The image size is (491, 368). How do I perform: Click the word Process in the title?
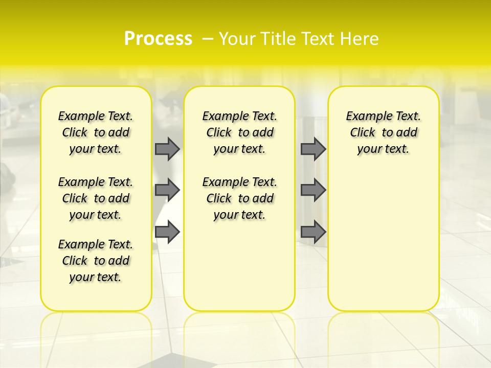click(158, 39)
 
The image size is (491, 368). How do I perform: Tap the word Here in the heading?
click(359, 39)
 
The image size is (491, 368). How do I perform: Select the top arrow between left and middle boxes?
click(167, 149)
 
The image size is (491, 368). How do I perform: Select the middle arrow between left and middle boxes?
click(167, 190)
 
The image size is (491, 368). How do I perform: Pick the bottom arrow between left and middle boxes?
click(167, 232)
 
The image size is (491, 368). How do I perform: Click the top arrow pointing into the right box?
click(313, 149)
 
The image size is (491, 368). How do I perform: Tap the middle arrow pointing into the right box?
click(313, 190)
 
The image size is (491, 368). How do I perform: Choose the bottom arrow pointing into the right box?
click(313, 232)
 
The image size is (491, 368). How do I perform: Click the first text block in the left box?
click(96, 132)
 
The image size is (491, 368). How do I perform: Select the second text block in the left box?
click(96, 198)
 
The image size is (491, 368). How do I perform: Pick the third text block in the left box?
click(96, 261)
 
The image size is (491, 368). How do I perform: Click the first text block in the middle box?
click(239, 132)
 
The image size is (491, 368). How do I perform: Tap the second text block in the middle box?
click(239, 198)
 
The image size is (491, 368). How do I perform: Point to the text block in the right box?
click(383, 132)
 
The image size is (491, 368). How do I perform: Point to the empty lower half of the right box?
click(383, 245)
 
